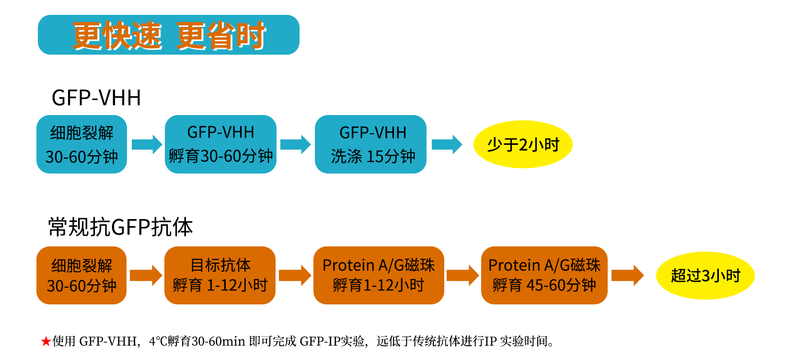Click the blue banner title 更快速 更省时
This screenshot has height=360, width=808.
tap(169, 35)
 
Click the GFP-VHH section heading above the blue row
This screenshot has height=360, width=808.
tap(96, 98)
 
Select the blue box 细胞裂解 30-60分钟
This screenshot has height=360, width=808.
tap(81, 144)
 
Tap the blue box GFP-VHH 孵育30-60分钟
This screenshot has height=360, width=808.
tap(220, 144)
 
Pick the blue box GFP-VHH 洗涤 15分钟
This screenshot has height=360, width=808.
tap(370, 144)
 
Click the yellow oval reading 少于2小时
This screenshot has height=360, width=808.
tap(523, 144)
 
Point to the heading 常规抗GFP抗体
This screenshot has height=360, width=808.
tap(120, 227)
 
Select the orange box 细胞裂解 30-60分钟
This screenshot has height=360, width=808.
tap(81, 275)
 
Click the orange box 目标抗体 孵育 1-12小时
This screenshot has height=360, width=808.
tap(220, 275)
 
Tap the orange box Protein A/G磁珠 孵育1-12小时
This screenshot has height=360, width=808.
tap(379, 275)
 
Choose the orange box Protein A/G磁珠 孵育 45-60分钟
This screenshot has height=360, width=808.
tap(544, 275)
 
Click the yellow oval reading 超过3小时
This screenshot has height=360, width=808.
tap(705, 276)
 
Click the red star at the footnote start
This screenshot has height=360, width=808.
tap(46, 342)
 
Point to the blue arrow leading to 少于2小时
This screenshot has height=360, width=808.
tap(447, 144)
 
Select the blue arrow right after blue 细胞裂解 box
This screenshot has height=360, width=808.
tap(147, 144)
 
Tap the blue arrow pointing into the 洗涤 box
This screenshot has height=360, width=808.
tap(295, 144)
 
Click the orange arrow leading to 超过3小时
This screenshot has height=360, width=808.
tap(627, 276)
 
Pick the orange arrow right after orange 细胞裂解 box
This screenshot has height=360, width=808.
tap(146, 276)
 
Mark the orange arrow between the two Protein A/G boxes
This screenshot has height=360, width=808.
tap(462, 276)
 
